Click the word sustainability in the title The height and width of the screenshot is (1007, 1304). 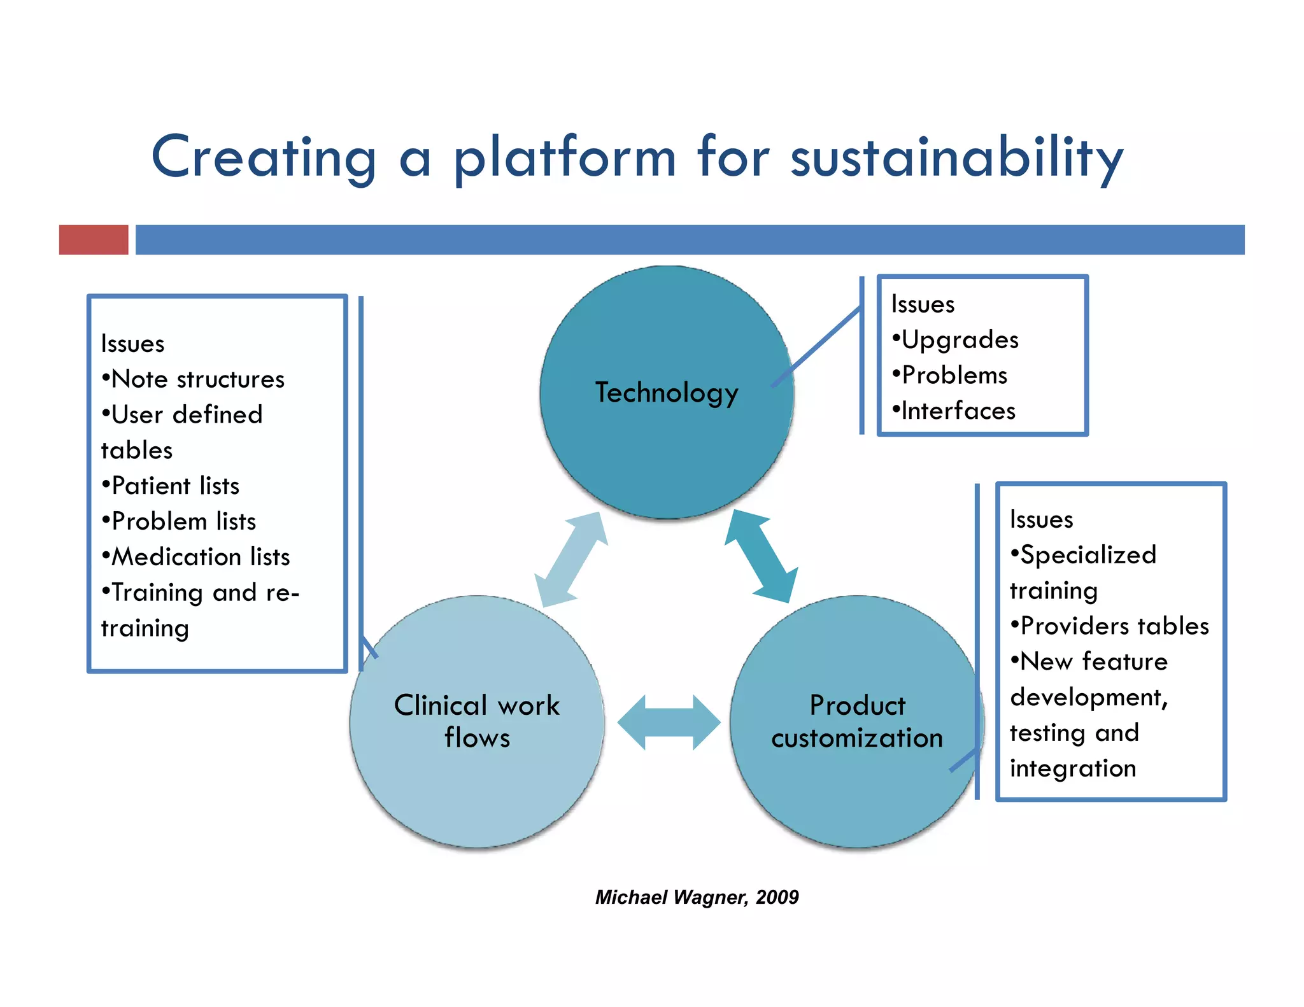[x=956, y=158]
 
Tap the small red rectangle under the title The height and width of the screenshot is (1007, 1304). [x=94, y=239]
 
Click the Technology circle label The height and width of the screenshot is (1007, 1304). [x=667, y=393]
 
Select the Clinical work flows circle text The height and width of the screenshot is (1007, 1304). [x=477, y=721]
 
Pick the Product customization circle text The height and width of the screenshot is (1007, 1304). [x=857, y=721]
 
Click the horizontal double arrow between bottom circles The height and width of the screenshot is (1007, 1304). [x=669, y=722]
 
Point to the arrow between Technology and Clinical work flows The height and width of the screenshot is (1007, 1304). [x=571, y=559]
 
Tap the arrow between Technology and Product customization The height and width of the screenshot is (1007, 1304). [x=762, y=556]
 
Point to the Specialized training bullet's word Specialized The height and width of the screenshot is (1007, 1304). [x=1088, y=555]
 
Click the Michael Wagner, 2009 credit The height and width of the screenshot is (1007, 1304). [x=697, y=897]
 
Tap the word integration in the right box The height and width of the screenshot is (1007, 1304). [x=1073, y=768]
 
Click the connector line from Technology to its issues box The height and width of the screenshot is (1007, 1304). [x=816, y=348]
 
